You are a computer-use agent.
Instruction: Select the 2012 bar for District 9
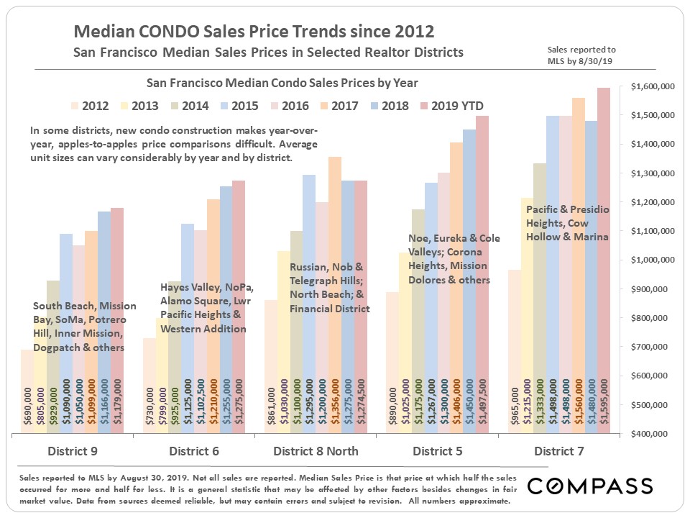27,391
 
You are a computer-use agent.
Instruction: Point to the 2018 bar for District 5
451,281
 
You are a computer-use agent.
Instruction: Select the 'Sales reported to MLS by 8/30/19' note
581,55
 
